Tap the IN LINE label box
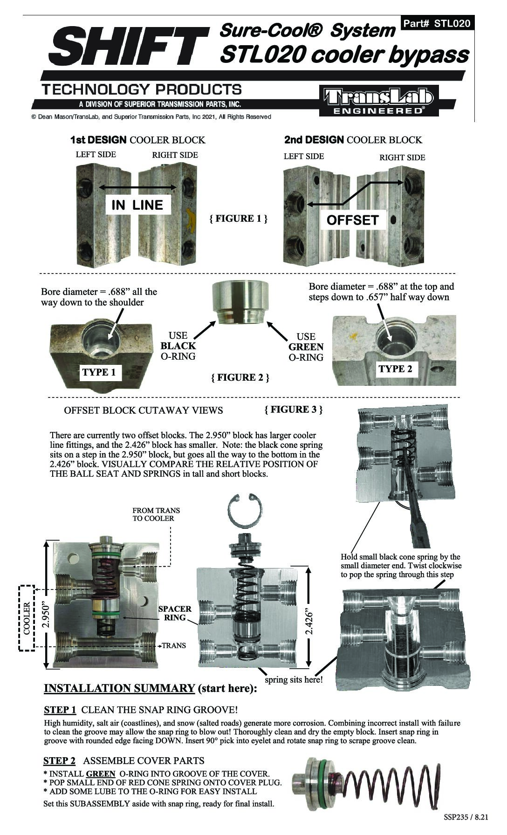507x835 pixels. [137, 205]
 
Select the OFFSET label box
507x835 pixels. [352, 220]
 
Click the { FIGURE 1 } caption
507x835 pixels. [238, 219]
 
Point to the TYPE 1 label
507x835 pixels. [99, 372]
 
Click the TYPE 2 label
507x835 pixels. [395, 369]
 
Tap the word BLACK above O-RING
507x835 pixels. [178, 346]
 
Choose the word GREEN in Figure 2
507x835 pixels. [306, 347]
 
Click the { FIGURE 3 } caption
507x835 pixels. [293, 409]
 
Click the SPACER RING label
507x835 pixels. [175, 613]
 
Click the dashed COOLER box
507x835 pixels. [27, 618]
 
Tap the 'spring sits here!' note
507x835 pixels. [294, 679]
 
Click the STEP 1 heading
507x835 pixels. [60, 710]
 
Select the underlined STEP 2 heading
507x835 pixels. [59, 761]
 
